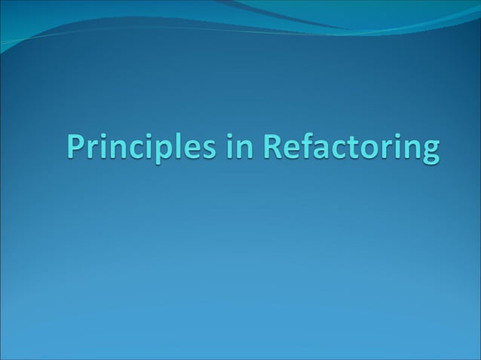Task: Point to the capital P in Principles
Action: coord(75,147)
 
